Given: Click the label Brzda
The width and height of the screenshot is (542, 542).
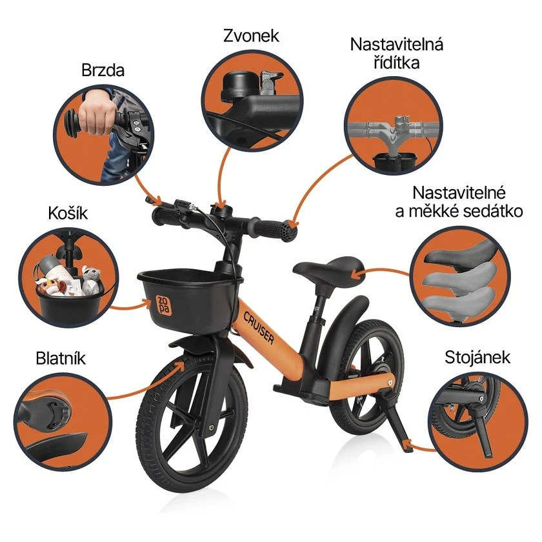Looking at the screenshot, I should pos(103,70).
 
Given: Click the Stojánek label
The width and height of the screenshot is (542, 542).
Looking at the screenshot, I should pos(477,357).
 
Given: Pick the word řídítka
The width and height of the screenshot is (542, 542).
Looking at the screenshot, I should pos(396,63).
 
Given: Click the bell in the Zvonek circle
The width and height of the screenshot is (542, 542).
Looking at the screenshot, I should pos(232,88).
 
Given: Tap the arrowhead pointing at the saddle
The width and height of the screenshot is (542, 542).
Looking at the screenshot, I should pos(354,274).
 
